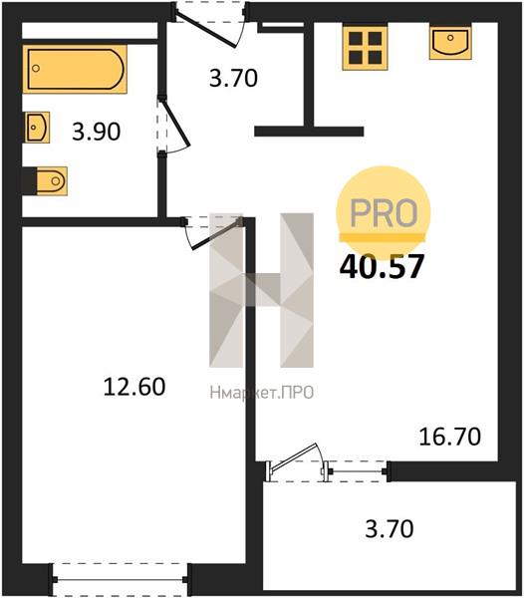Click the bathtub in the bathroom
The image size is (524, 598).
click(75, 69)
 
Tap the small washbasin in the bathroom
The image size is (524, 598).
click(37, 128)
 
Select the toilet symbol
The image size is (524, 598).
click(52, 181)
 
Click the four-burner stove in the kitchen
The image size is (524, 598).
click(365, 48)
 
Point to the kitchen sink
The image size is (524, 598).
click(450, 41)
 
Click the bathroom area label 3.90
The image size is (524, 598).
click(97, 132)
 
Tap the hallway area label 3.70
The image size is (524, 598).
click(233, 78)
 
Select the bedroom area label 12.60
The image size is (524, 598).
click(134, 387)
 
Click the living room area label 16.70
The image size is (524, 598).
click(449, 438)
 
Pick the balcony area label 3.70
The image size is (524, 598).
click(390, 529)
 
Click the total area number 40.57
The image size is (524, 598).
click(382, 266)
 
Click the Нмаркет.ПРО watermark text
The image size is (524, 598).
click(261, 393)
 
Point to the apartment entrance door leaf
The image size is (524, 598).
click(206, 31)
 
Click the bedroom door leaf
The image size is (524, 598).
click(217, 234)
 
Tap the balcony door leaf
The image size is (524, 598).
click(293, 456)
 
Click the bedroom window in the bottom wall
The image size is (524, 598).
click(120, 580)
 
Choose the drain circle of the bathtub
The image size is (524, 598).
click(36, 69)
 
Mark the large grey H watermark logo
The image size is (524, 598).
click(261, 290)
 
